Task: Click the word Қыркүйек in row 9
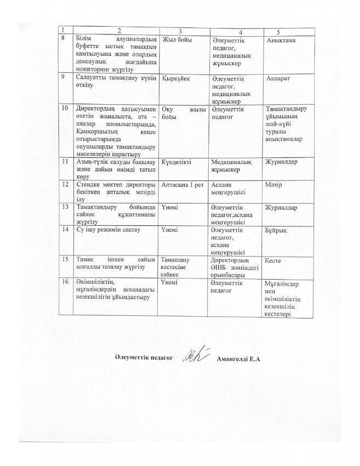(175, 79)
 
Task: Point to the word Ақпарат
(279, 79)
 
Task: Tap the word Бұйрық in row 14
(276, 231)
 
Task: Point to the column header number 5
(284, 29)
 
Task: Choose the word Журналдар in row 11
(281, 162)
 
